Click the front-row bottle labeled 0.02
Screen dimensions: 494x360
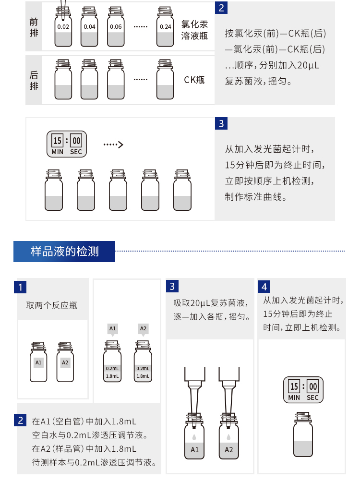coord(63,28)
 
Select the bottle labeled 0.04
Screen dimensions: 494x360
coord(89,28)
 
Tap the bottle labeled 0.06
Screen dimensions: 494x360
coord(116,28)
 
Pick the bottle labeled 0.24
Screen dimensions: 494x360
coord(165,28)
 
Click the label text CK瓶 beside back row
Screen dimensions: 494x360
coord(194,80)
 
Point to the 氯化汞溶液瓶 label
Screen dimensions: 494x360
coord(194,30)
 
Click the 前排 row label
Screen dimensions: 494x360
coord(34,27)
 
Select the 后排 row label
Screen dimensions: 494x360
coord(34,80)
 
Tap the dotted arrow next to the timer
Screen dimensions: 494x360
coord(114,145)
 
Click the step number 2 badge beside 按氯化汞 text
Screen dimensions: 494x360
coord(221,8)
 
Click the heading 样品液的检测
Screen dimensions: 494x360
coord(64,251)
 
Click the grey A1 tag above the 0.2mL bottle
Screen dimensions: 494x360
coord(113,329)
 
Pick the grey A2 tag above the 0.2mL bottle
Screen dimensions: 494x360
coord(143,329)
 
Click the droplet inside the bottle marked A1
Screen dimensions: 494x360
coord(194,437)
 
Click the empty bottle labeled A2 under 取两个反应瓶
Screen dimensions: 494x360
coord(65,362)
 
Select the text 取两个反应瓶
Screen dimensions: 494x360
coord(51,305)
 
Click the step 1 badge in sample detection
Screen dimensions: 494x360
coord(20,287)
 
